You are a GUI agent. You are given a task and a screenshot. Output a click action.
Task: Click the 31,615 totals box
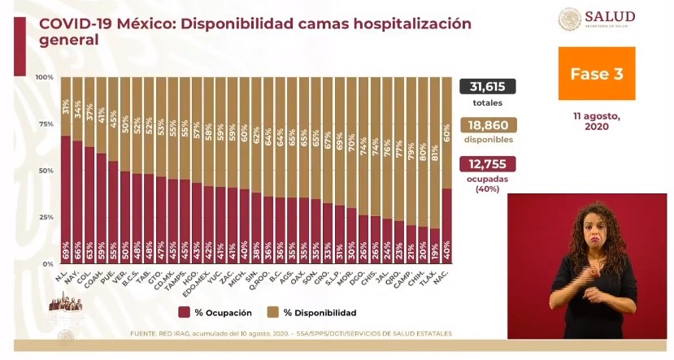[488, 87]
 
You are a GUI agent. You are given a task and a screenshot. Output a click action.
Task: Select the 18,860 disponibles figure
[488, 125]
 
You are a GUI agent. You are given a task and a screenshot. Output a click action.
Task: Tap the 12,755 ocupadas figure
[488, 164]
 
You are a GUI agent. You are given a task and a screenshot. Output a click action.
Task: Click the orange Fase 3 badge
[596, 74]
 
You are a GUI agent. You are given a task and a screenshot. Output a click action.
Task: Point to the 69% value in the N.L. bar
[66, 256]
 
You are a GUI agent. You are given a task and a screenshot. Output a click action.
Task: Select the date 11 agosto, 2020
[596, 121]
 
